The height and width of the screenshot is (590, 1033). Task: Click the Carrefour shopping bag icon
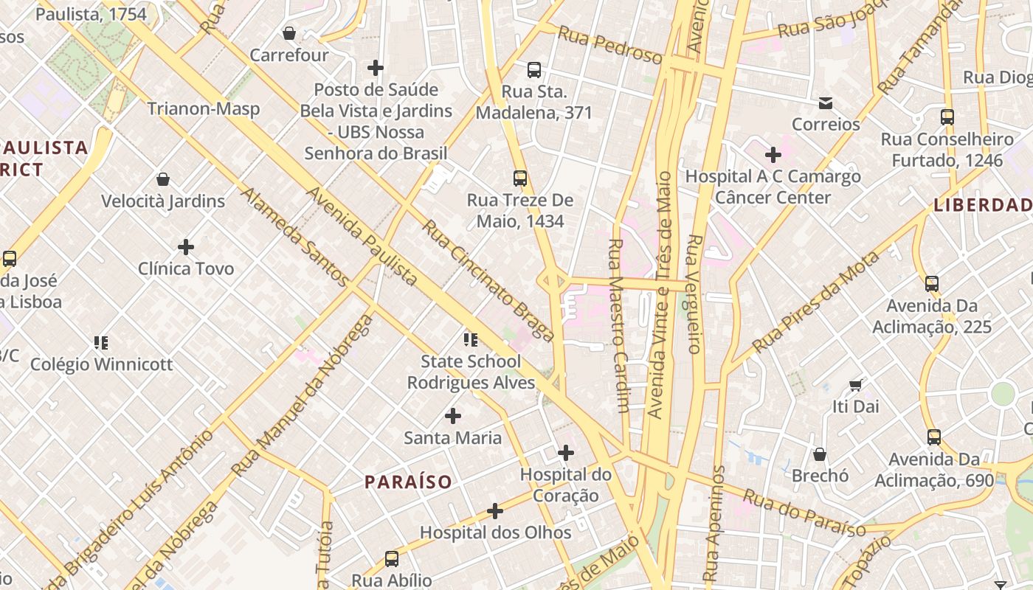289,33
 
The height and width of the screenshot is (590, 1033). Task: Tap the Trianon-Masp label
203,109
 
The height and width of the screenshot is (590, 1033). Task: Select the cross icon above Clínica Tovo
186,246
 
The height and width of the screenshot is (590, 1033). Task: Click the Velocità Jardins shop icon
163,179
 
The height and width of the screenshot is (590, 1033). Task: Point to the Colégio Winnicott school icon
101,342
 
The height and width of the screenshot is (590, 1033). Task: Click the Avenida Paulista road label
362,237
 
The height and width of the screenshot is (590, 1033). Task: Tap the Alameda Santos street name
294,237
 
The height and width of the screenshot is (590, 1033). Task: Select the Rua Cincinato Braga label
488,281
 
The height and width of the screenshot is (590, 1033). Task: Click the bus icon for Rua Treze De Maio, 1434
520,178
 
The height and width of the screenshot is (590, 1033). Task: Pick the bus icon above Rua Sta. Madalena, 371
534,70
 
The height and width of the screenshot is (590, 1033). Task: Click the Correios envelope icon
826,103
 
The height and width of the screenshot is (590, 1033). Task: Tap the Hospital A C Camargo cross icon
773,155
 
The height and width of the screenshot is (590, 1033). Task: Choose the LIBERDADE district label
982,205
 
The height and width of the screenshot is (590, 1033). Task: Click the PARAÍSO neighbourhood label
408,482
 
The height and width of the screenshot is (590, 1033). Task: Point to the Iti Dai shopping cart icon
856,385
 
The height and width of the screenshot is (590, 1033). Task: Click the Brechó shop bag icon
820,454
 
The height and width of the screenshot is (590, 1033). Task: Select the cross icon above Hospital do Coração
566,452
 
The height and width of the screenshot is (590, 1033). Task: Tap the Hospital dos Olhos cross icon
495,510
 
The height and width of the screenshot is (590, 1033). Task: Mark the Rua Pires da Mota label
815,302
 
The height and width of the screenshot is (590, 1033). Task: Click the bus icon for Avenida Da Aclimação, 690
934,437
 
